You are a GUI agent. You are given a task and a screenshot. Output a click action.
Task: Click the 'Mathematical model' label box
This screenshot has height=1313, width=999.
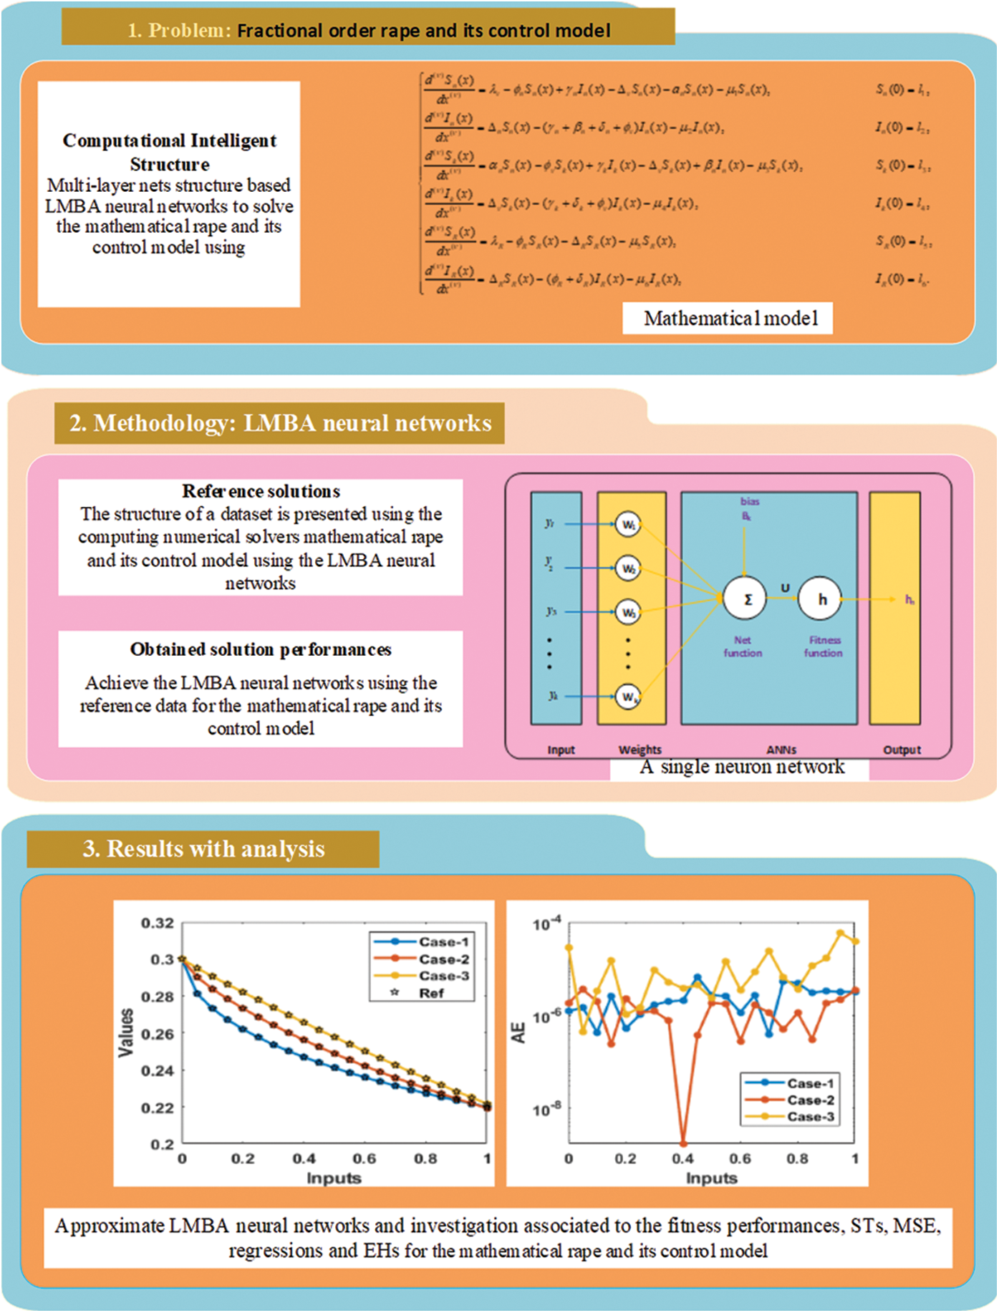[x=728, y=318]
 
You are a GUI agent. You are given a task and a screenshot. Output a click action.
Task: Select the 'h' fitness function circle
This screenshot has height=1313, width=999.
[x=821, y=599]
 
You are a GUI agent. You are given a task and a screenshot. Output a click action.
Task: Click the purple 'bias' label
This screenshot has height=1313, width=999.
[x=749, y=501]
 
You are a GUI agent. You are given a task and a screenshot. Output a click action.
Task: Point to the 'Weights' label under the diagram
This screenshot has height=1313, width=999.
[x=640, y=750]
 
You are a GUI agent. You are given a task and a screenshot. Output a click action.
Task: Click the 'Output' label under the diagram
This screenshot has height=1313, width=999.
[x=902, y=750]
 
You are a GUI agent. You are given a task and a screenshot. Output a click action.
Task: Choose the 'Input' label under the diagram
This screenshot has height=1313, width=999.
[x=561, y=750]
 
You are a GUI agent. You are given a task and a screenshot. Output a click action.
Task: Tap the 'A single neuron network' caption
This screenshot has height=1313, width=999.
[x=742, y=767]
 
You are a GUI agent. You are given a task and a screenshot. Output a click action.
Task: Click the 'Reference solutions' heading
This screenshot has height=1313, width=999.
[x=261, y=491]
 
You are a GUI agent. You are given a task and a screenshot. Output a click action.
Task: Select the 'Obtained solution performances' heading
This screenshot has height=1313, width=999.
[x=261, y=649]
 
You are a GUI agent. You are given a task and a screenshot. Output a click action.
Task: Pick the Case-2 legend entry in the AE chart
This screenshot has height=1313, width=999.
[x=810, y=1100]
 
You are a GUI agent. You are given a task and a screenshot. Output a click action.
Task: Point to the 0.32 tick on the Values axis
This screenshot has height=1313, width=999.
[x=158, y=923]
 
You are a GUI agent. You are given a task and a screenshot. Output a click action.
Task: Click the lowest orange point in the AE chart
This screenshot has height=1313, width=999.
[x=682, y=1143]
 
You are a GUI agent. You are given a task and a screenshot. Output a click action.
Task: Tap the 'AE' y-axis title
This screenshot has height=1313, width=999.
[x=518, y=1032]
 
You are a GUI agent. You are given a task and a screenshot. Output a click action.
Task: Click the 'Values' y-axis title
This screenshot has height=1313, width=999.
[x=126, y=1032]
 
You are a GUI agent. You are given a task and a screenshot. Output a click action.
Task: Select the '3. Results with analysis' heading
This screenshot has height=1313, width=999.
[x=203, y=849]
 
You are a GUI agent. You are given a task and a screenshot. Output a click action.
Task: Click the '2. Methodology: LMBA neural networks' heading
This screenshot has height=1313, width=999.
[x=280, y=423]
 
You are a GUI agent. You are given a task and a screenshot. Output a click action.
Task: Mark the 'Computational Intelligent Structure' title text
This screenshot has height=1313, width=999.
[x=170, y=152]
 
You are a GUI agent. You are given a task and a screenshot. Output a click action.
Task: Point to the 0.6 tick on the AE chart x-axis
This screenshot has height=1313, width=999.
[x=740, y=1158]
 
